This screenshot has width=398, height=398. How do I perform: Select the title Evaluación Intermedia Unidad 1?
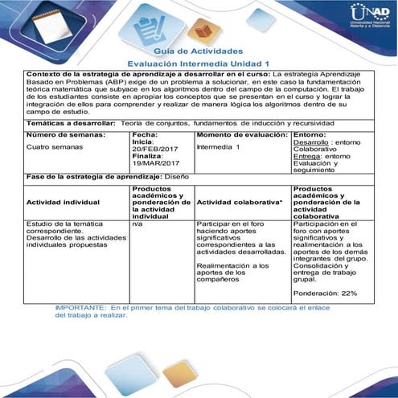(x=199, y=63)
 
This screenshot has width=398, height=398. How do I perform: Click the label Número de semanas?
(x=61, y=134)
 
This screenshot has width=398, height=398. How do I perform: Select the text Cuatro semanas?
(x=53, y=147)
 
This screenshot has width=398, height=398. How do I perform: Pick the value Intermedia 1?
(x=218, y=147)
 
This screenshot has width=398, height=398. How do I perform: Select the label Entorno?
(x=310, y=134)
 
